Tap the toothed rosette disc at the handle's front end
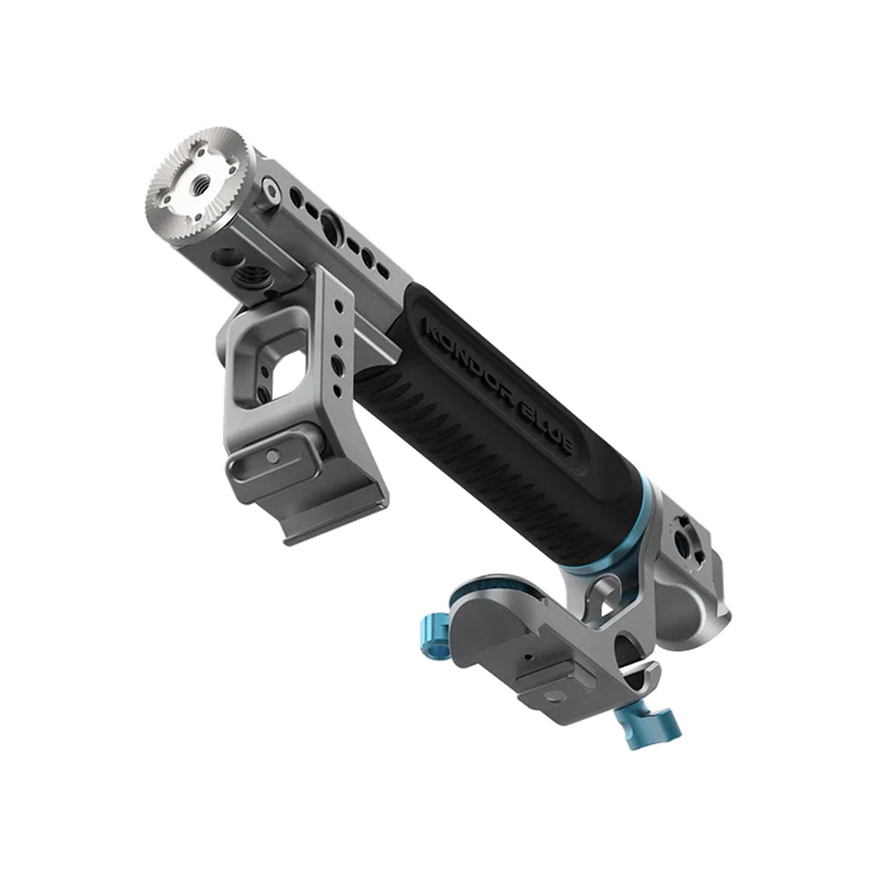200,183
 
